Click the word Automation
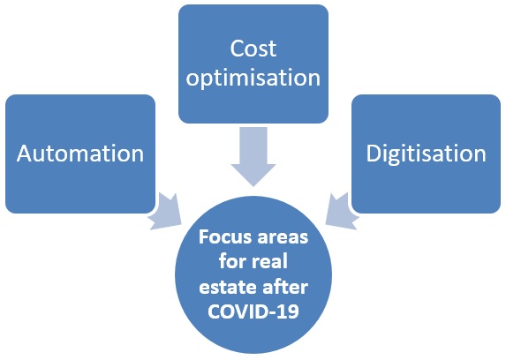point(80,154)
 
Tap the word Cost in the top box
point(253,49)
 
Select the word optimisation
point(253,78)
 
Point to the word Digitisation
point(426,154)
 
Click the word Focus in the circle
point(225,237)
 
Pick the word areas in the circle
point(283,238)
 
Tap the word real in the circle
point(270,261)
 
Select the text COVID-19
point(253,311)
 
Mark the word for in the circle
point(232,261)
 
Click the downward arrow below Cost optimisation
point(253,156)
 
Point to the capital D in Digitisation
point(373,153)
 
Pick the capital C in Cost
point(237,49)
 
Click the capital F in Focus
point(203,237)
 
